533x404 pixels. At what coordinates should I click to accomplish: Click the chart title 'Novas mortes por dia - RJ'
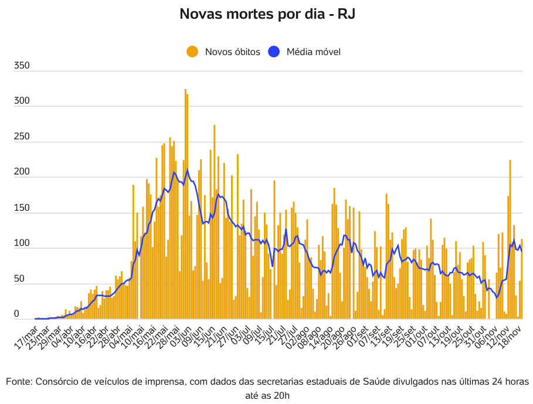(x=267, y=14)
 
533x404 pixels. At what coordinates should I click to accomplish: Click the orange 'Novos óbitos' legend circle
(x=192, y=52)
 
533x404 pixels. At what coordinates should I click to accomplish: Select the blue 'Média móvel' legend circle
(x=274, y=52)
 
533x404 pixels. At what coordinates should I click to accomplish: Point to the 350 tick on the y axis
(x=22, y=66)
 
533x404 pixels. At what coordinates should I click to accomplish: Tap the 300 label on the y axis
(x=22, y=101)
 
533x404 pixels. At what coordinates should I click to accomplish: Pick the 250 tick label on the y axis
(x=22, y=137)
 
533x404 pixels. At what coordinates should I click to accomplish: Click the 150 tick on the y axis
(x=22, y=208)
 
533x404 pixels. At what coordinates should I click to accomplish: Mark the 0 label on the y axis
(x=17, y=314)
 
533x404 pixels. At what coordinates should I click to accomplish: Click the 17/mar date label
(x=26, y=337)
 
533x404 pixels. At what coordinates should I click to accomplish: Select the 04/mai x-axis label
(x=121, y=337)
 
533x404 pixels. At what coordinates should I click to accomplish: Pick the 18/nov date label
(x=510, y=337)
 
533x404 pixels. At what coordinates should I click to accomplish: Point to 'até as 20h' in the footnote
(x=267, y=396)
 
